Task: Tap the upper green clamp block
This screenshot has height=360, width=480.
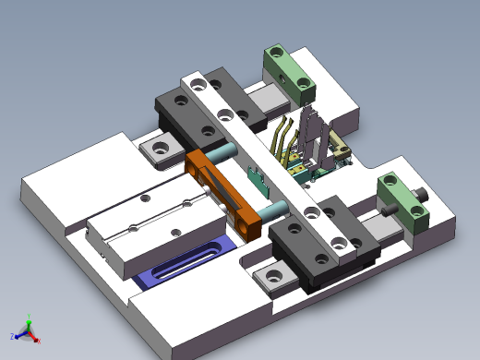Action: coord(289,72)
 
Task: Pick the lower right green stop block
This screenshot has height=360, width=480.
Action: coord(403,202)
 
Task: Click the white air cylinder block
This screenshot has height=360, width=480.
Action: coord(157,226)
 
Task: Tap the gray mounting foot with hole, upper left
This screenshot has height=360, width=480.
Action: coord(161,149)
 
